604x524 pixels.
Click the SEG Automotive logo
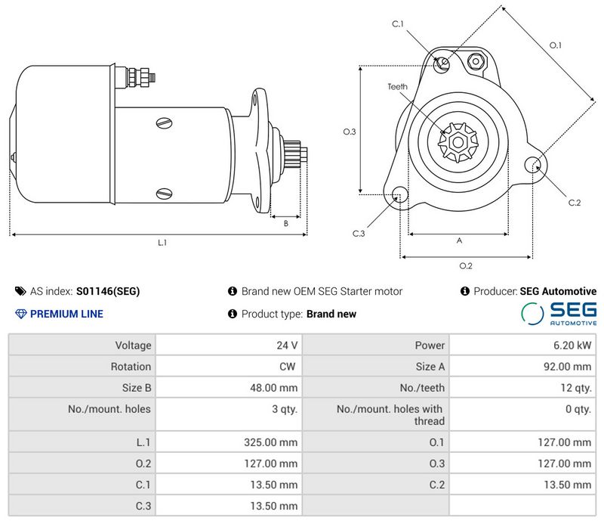[x=559, y=314]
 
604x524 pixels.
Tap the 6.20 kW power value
[x=572, y=346]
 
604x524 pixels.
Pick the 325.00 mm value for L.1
[x=271, y=442]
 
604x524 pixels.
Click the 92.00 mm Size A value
[x=568, y=367]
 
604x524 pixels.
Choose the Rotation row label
[x=131, y=367]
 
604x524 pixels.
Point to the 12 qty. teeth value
[x=576, y=388]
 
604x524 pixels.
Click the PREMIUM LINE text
[x=66, y=314]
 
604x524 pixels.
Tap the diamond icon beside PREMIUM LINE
[x=21, y=314]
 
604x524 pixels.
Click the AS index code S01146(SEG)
[x=108, y=291]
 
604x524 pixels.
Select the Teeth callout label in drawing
[x=398, y=87]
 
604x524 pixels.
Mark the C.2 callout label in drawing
[x=575, y=203]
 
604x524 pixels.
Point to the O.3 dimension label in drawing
[x=350, y=132]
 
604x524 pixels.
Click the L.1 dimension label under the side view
[x=162, y=243]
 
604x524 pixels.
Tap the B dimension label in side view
[x=286, y=223]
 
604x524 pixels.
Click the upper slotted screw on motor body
[x=165, y=123]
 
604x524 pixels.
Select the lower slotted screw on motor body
[x=165, y=194]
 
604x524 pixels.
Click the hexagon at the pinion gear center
[x=458, y=142]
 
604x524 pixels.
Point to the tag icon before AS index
[x=20, y=291]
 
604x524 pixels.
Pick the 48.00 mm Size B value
[x=274, y=388]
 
